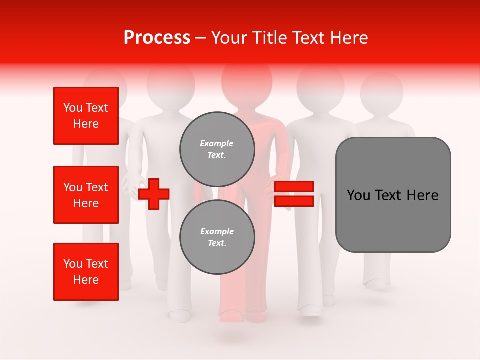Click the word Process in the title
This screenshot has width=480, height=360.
(x=157, y=38)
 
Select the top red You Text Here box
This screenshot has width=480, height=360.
(x=86, y=116)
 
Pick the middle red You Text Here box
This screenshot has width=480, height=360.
(x=86, y=195)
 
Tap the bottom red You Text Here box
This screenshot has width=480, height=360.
(x=86, y=272)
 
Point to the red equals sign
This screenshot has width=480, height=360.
(x=294, y=194)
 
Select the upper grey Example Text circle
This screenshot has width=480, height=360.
(x=217, y=149)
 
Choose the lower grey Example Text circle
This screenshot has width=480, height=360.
(x=217, y=237)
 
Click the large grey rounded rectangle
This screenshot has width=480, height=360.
(x=393, y=194)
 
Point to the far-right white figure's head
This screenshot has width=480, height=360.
(x=382, y=90)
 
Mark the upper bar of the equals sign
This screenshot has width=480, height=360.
(x=294, y=187)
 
